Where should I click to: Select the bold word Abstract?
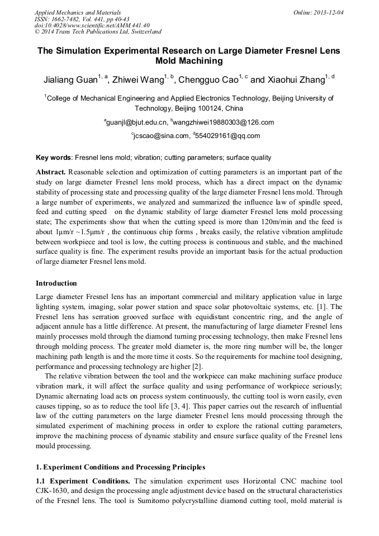(x=51, y=172)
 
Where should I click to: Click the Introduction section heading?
(x=56, y=283)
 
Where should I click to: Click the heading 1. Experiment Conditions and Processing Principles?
(x=120, y=467)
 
